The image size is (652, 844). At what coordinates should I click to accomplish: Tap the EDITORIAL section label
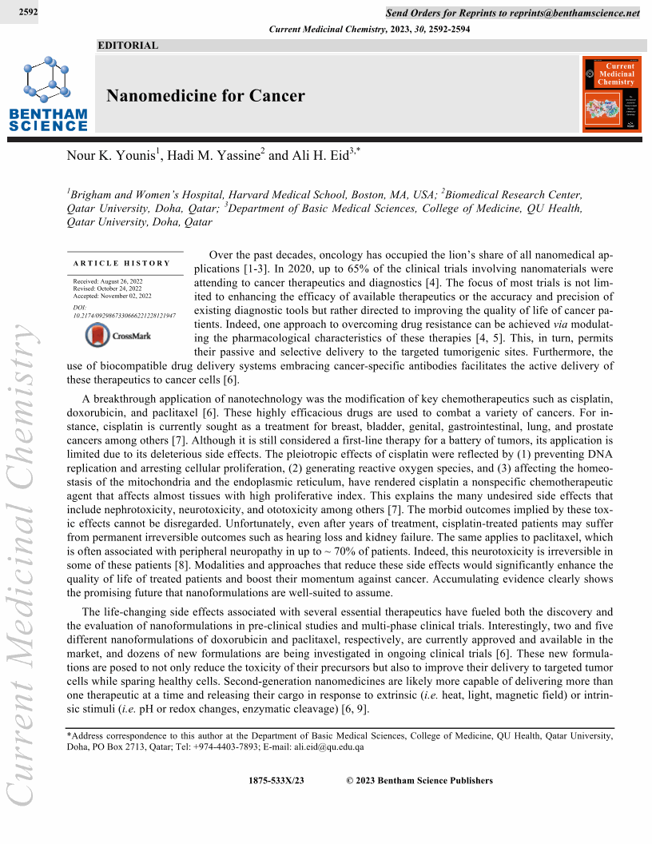(x=128, y=46)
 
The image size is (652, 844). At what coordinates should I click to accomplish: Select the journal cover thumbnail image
(x=611, y=94)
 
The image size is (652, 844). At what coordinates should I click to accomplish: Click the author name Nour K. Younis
(x=113, y=156)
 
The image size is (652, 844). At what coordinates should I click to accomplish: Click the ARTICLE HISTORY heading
(x=121, y=263)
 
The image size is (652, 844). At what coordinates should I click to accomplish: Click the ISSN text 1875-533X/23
(x=277, y=781)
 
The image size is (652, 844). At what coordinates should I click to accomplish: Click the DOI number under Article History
(x=124, y=316)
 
